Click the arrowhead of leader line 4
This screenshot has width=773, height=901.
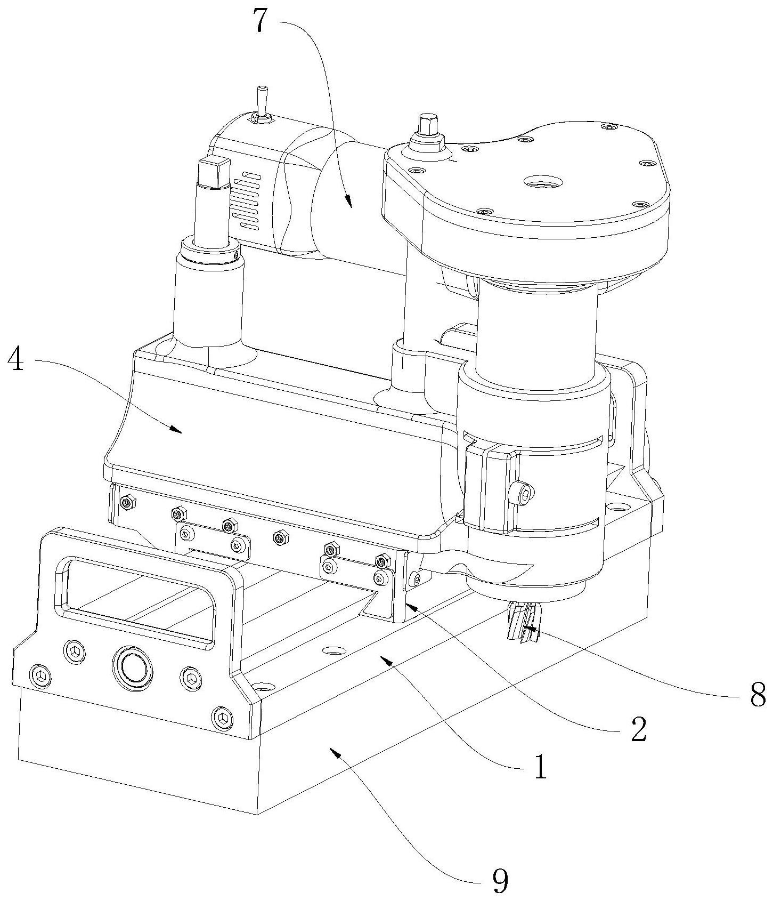tap(176, 430)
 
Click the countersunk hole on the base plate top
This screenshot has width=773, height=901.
tap(334, 651)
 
